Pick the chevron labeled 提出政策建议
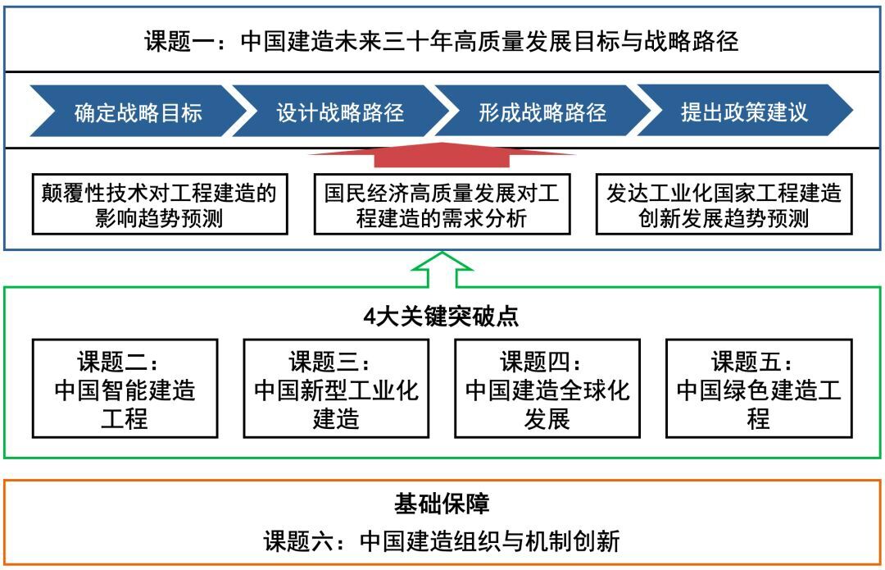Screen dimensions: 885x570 point(745,112)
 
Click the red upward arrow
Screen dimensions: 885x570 point(442,155)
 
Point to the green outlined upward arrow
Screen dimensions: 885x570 point(442,270)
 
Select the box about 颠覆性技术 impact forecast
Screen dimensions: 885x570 point(160,204)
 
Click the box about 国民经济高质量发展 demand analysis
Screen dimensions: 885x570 point(442,204)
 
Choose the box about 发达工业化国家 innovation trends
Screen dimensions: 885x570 point(724,204)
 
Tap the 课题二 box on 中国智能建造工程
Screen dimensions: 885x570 point(125,389)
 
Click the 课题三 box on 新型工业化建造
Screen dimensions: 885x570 point(336,389)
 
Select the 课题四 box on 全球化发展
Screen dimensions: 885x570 point(547,389)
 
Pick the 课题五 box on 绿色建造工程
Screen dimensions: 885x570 point(759,389)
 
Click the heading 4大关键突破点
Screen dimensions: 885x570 point(441,317)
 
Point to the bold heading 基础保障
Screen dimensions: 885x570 point(442,504)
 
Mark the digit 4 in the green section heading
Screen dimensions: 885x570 point(370,317)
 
